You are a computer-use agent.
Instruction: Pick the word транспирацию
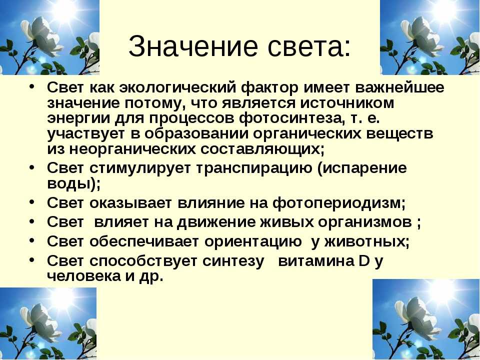253,168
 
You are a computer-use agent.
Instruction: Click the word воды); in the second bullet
74,184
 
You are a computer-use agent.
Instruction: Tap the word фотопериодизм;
339,203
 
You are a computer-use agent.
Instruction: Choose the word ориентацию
253,242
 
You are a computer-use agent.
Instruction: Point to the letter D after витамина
363,261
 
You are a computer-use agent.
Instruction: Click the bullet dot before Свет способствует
32,260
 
